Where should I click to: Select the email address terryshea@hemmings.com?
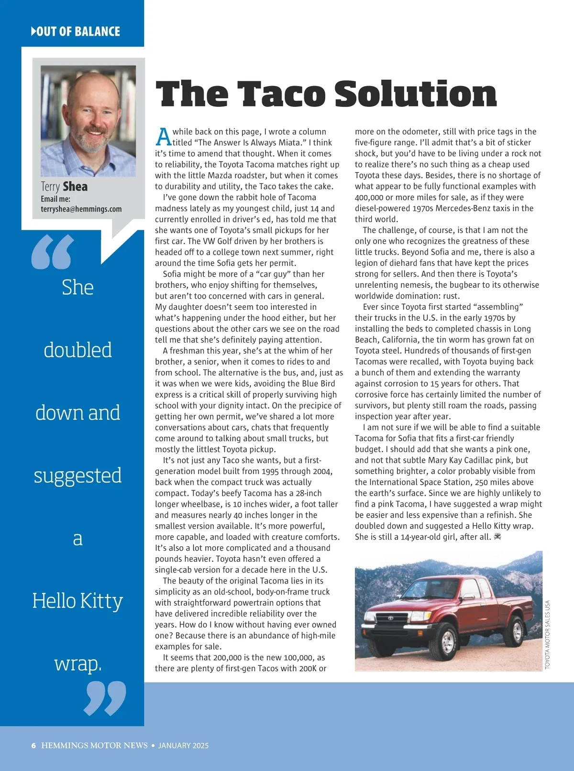[x=81, y=209]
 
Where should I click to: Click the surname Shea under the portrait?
[x=75, y=186]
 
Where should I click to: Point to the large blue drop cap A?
[x=163, y=137]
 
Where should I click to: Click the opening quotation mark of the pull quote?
[x=53, y=252]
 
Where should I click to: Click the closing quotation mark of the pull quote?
[x=105, y=698]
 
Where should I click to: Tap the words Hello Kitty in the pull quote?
[x=77, y=601]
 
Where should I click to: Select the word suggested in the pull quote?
[x=77, y=476]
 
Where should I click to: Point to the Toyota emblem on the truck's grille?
[x=390, y=618]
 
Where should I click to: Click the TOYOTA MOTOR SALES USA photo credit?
[x=548, y=634]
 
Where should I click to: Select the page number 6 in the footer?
[x=33, y=746]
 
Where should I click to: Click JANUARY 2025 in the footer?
[x=183, y=746]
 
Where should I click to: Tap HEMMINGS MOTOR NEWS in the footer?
[x=94, y=746]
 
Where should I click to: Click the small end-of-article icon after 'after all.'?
[x=497, y=537]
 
